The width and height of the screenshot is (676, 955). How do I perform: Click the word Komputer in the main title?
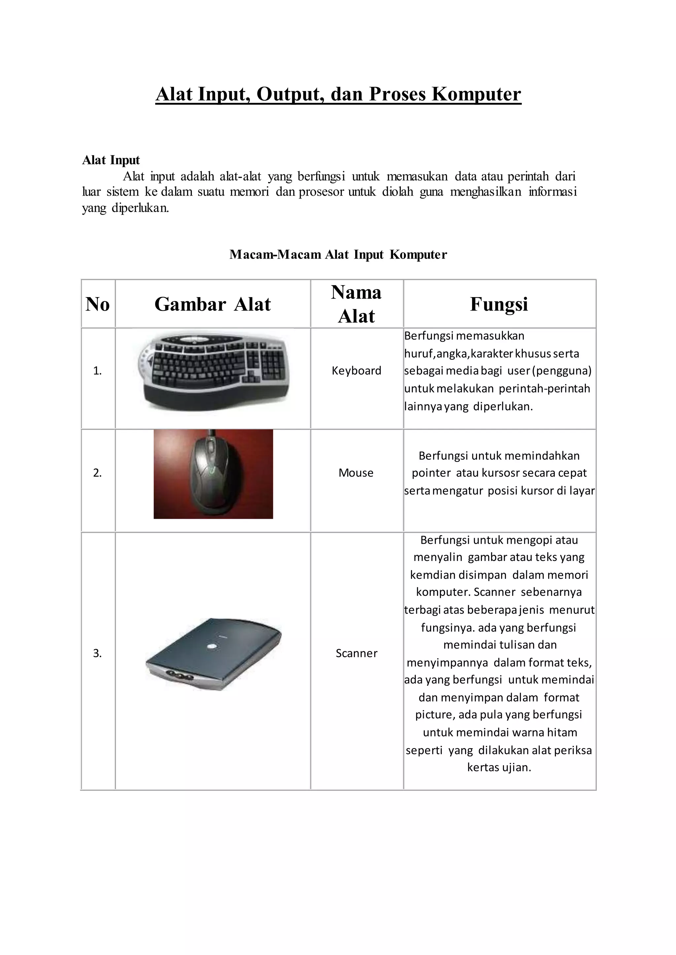tap(476, 94)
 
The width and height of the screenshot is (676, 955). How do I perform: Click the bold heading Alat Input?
tap(111, 160)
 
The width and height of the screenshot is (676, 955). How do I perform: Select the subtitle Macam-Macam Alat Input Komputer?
tap(338, 255)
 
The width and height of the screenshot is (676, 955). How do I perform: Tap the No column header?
tap(98, 304)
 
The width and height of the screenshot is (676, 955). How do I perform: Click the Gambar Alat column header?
tap(213, 304)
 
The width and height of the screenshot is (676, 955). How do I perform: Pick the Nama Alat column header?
tap(356, 304)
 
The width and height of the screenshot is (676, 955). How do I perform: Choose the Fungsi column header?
tap(499, 304)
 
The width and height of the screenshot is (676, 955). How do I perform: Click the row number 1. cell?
tap(97, 371)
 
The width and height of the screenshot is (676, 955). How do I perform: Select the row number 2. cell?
tap(97, 473)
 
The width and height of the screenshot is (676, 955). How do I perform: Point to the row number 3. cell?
tap(97, 654)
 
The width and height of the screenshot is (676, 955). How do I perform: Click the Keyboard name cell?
tap(356, 371)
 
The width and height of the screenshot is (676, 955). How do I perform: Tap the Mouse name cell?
tap(356, 473)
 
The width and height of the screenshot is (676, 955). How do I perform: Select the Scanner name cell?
tap(356, 654)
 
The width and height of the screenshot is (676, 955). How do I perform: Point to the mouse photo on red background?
tap(213, 474)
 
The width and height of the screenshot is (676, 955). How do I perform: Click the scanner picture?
tap(213, 654)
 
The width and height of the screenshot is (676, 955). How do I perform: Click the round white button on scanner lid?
tap(212, 646)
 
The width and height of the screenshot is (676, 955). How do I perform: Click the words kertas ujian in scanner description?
tap(499, 767)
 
